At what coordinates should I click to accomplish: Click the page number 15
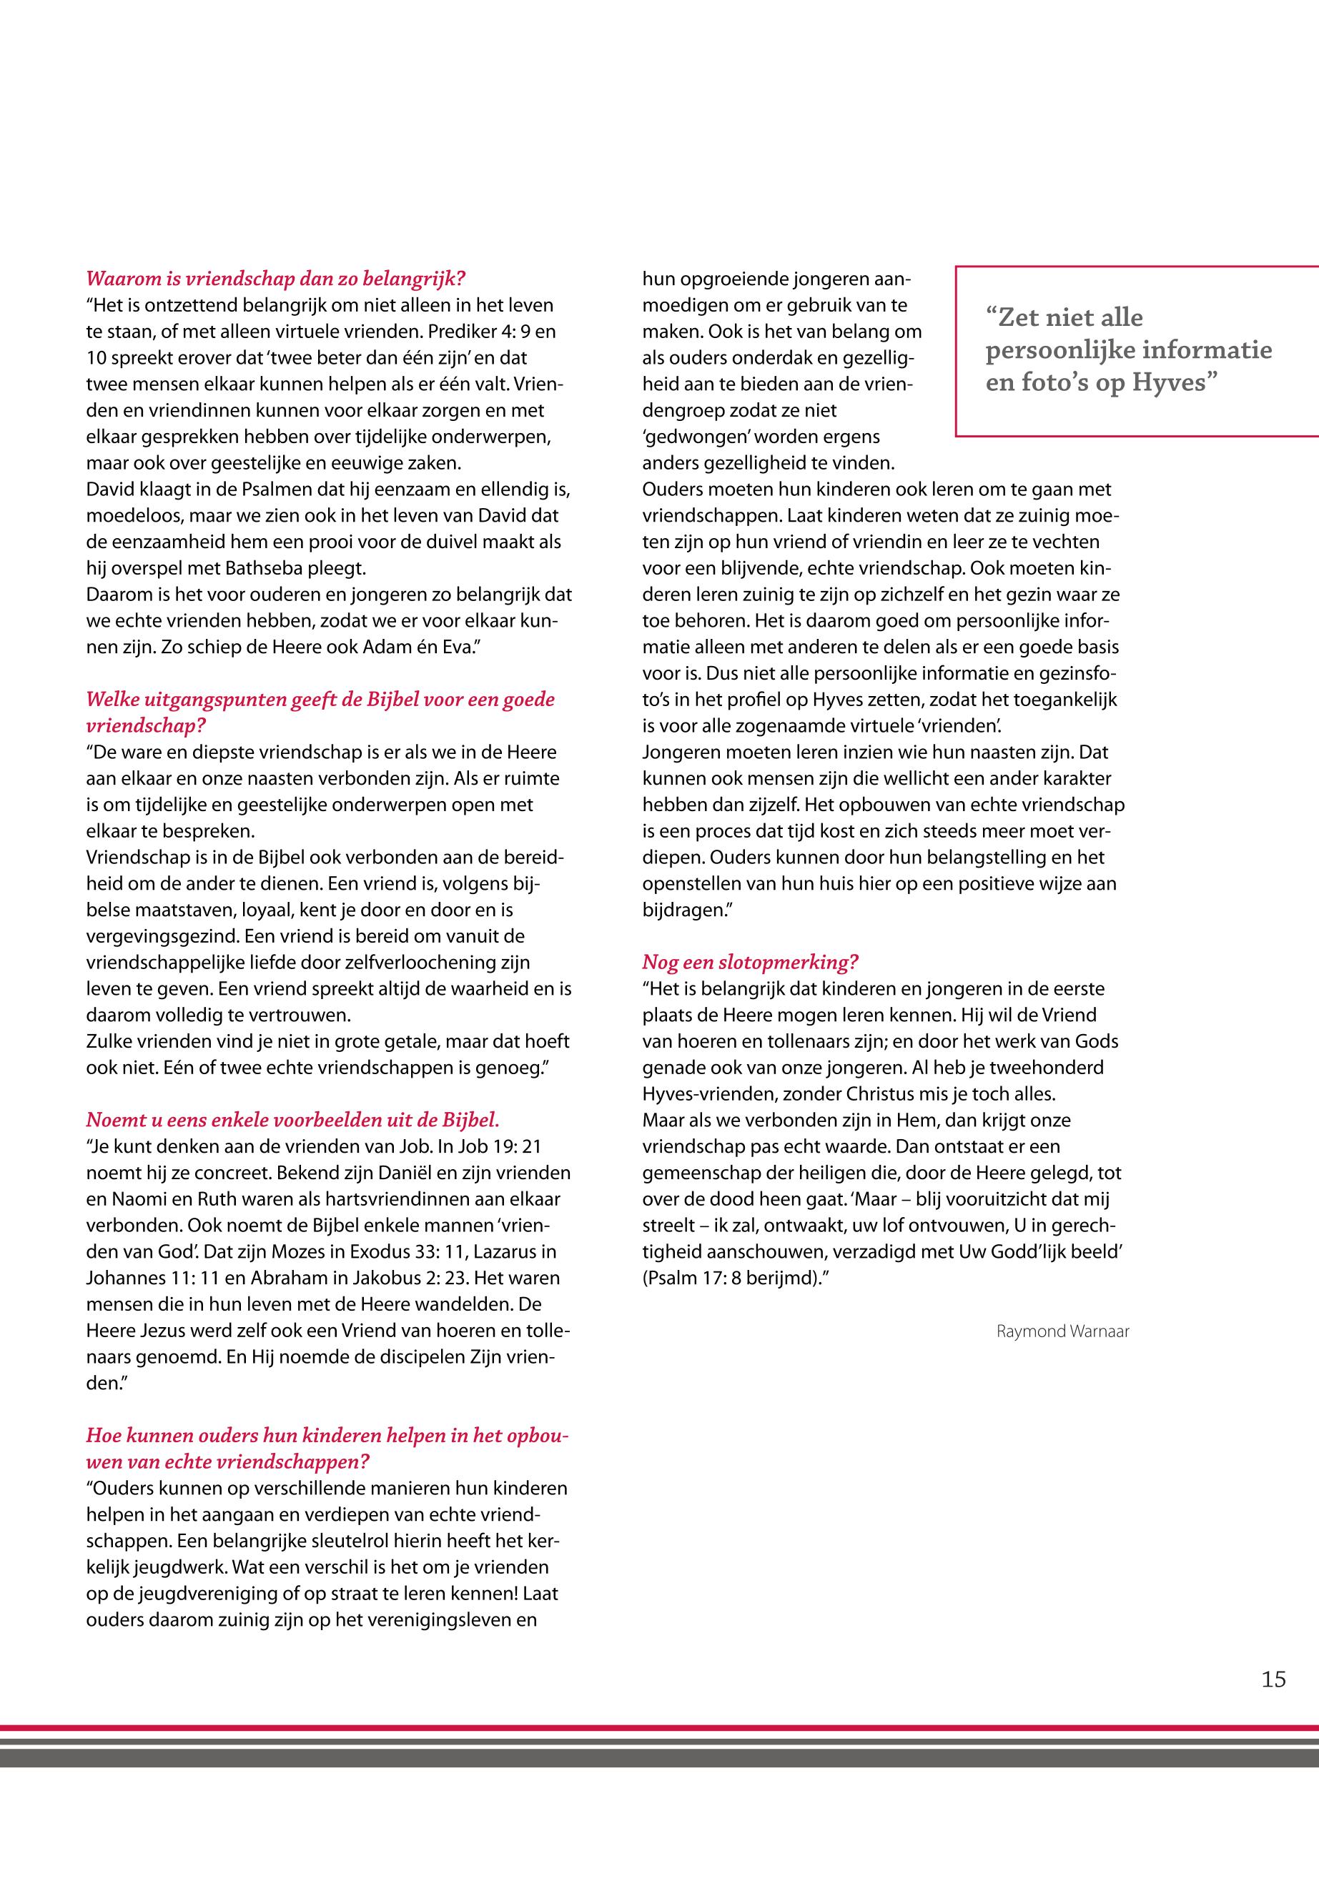(x=1273, y=1679)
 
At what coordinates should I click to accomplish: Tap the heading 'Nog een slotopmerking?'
(x=751, y=962)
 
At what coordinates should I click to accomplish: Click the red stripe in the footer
(x=659, y=1727)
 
